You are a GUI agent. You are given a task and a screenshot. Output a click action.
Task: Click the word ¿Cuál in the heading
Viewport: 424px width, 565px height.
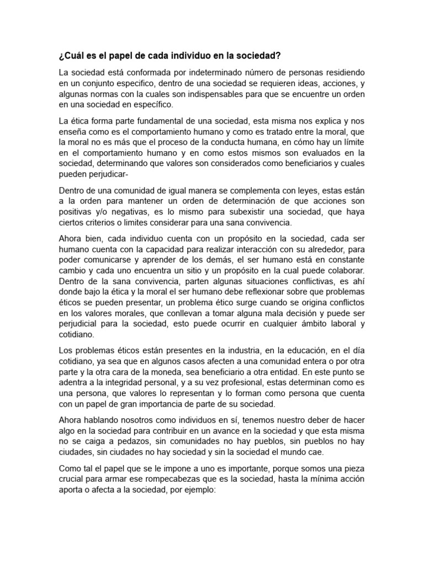[x=72, y=56]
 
